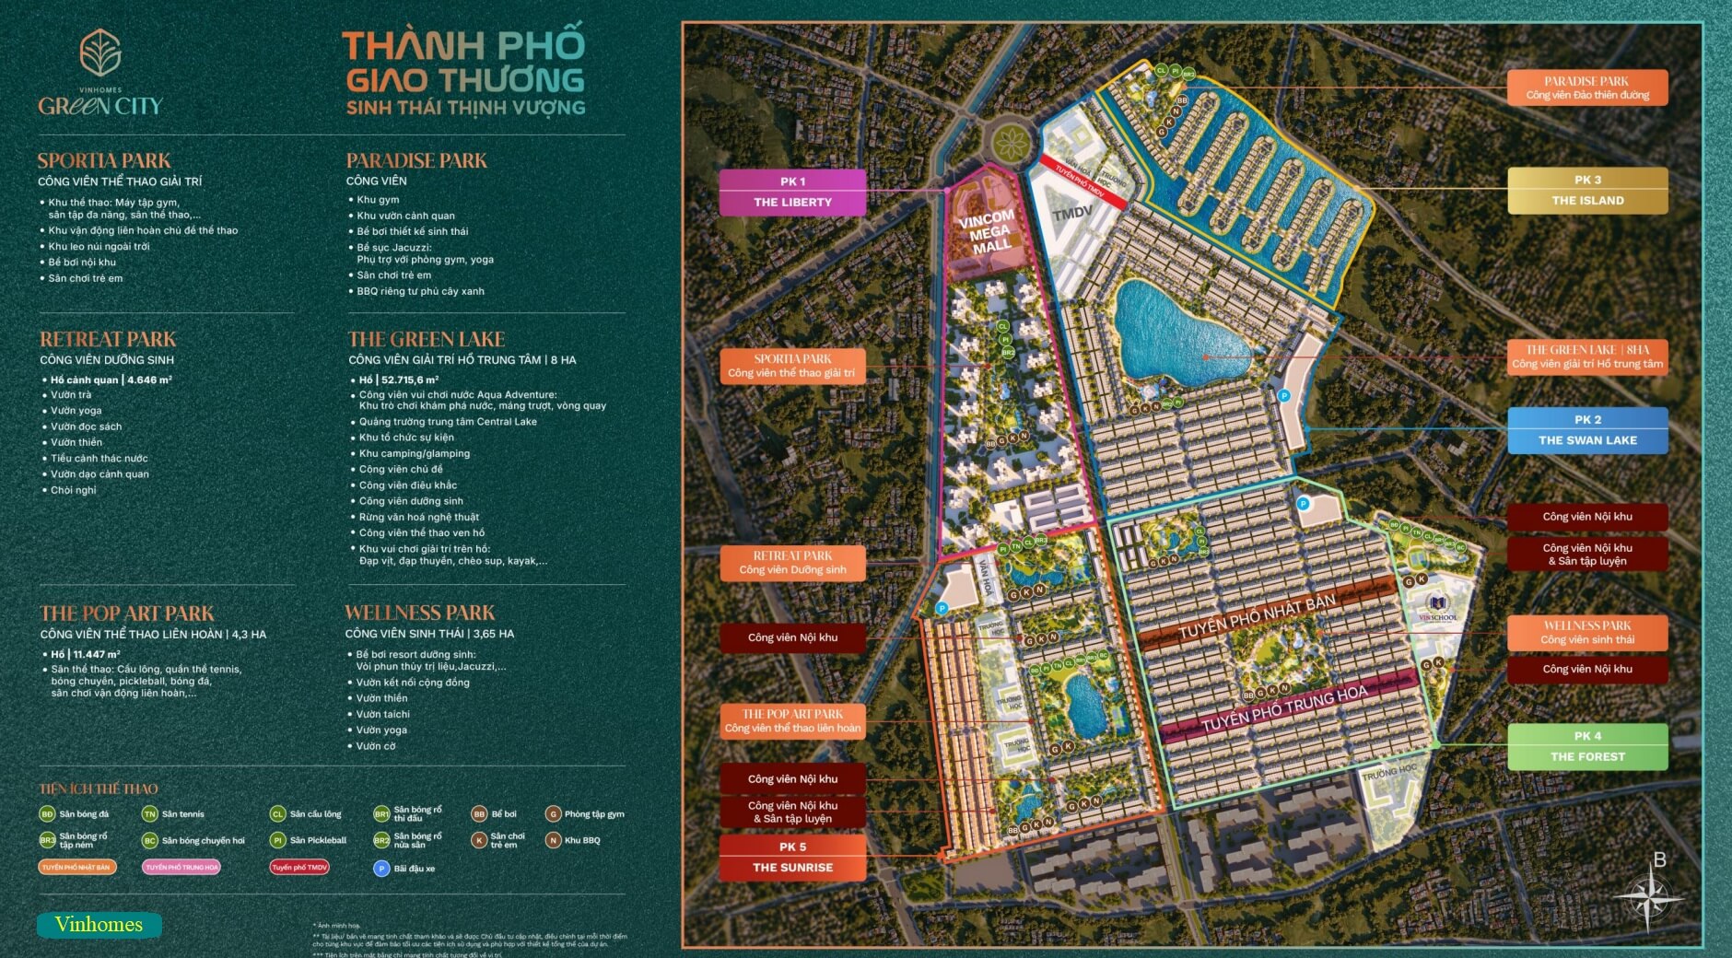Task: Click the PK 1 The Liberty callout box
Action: click(792, 192)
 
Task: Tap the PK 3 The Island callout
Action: click(1587, 191)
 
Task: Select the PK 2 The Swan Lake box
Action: click(1587, 430)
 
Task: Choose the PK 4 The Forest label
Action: click(1587, 746)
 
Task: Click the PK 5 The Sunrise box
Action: click(792, 857)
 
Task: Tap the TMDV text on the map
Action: click(1072, 214)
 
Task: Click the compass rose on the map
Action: click(1649, 898)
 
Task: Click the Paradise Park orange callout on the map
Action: click(1587, 88)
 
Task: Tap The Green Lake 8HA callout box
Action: click(1587, 356)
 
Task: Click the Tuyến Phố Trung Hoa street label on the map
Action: click(1284, 708)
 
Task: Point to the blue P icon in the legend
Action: click(381, 868)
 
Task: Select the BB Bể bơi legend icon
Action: click(479, 814)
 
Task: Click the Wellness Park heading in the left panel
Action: click(419, 613)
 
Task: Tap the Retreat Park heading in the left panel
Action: click(108, 339)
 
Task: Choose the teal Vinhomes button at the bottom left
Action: click(99, 925)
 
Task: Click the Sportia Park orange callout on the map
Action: click(792, 366)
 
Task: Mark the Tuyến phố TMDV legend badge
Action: click(299, 867)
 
